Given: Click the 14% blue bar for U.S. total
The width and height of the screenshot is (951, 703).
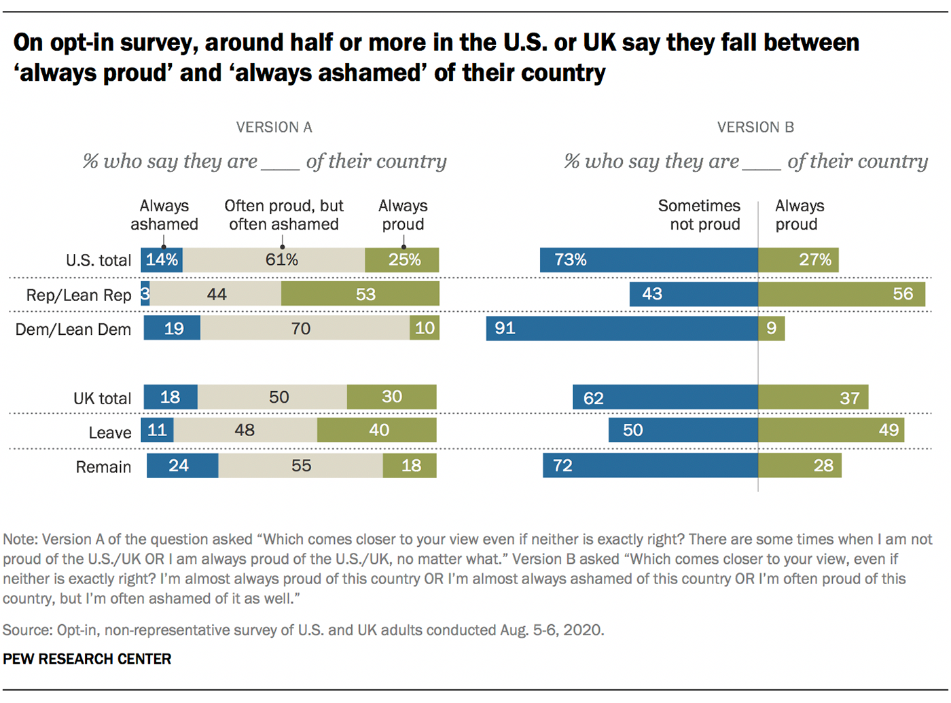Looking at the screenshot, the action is [x=162, y=259].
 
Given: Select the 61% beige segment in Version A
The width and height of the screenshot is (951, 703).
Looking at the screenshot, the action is [x=274, y=259].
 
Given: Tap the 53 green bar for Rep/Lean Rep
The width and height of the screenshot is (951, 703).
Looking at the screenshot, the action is [x=360, y=294].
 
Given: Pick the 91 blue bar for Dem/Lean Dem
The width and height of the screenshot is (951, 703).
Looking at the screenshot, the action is [x=622, y=329].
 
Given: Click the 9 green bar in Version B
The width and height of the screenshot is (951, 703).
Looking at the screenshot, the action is [x=772, y=329].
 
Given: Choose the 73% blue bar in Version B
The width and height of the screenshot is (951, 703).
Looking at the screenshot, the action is [x=649, y=259].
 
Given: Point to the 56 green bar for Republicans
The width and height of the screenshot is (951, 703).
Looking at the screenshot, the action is [x=842, y=294].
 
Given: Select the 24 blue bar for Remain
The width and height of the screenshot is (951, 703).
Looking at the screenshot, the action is [x=183, y=465].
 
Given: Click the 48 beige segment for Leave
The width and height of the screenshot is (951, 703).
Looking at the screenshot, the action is [x=245, y=430].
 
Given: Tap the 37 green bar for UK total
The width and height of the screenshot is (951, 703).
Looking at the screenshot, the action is [x=813, y=397].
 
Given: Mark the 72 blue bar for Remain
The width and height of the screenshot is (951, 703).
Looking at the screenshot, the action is [x=651, y=465].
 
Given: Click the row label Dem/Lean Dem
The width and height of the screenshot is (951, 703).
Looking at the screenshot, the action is [x=73, y=329].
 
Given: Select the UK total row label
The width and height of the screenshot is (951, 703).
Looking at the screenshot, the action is [x=103, y=398].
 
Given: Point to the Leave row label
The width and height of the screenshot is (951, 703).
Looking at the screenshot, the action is [x=110, y=433].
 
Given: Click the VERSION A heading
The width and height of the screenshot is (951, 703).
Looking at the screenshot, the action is [x=274, y=128].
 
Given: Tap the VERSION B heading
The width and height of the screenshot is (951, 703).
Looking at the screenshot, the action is [x=755, y=128].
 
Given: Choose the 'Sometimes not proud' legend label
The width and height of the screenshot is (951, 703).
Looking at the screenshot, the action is [x=699, y=215].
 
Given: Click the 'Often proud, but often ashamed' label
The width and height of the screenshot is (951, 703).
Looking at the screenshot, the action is [x=284, y=215].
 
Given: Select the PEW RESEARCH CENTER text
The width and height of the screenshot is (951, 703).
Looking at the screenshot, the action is [x=87, y=659].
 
